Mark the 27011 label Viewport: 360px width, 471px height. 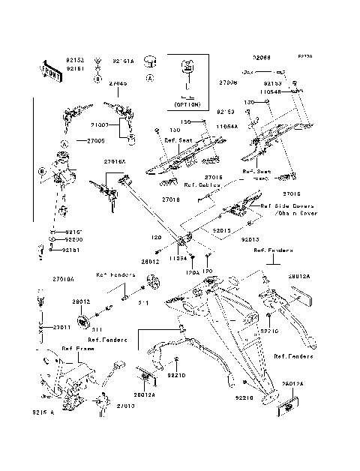coord(62,328)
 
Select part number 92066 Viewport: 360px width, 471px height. coord(261,57)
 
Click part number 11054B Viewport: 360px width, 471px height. coord(271,91)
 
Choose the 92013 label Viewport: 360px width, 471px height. coord(250,240)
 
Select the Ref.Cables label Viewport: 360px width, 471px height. coord(202,184)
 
